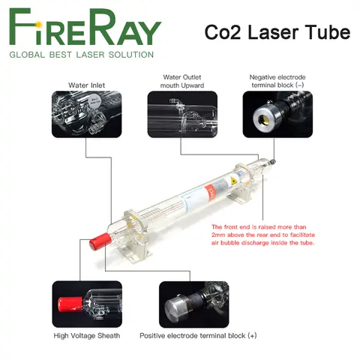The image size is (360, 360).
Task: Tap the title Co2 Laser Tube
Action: click(277, 32)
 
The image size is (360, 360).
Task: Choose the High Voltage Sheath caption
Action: click(85, 335)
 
